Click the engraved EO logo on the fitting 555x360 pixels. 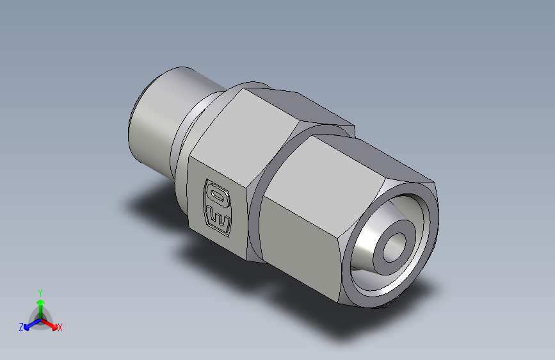[216, 207]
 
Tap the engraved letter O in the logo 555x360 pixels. [215, 193]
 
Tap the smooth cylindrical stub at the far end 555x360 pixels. [154, 125]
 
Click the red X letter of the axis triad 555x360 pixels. [60, 328]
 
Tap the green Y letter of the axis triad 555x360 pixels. [40, 292]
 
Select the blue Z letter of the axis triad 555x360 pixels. [21, 327]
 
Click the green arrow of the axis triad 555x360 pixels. [40, 305]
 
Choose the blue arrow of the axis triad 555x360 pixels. [31, 325]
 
